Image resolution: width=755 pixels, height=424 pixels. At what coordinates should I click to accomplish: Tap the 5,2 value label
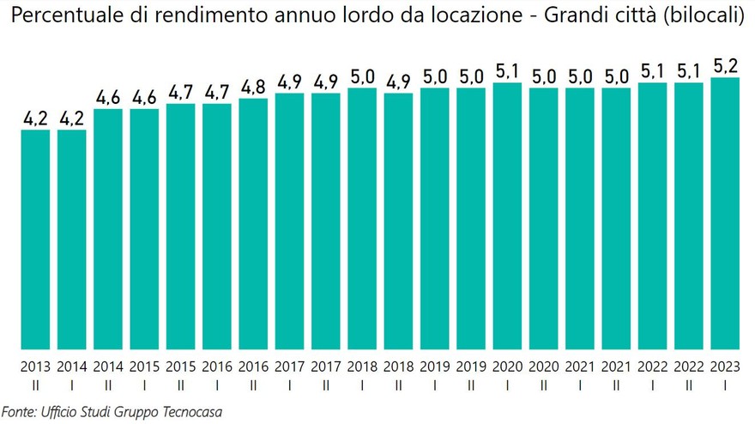coord(725,64)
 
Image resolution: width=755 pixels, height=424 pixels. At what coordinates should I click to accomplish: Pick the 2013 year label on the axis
coord(35,366)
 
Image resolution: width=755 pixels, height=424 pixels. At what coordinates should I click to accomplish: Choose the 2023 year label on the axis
coord(725,366)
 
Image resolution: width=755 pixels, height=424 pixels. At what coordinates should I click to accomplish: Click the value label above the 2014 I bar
coord(71,118)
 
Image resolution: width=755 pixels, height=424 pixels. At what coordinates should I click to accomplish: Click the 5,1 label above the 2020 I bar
coord(507,70)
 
